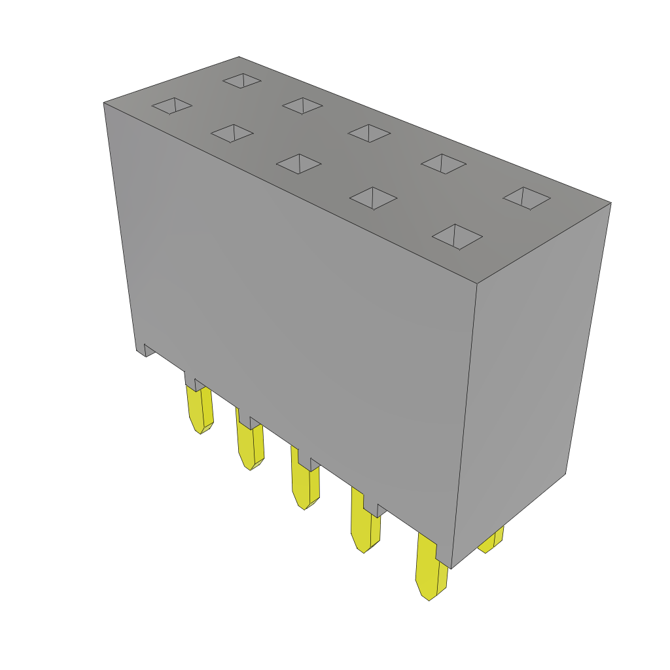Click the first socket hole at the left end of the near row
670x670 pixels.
(x=172, y=105)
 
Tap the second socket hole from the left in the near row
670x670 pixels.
(x=232, y=133)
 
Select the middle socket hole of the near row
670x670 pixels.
(x=299, y=164)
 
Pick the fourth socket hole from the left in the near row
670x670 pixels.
(x=373, y=198)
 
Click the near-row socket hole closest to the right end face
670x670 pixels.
(x=457, y=236)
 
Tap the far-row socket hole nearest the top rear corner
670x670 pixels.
(x=242, y=80)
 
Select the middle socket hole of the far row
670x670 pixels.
(x=369, y=133)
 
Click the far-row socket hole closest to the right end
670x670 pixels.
(x=527, y=198)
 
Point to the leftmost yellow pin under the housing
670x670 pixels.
(x=199, y=409)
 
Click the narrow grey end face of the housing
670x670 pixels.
(x=530, y=379)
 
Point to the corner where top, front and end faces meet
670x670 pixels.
(x=477, y=283)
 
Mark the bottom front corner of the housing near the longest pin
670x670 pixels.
(x=451, y=567)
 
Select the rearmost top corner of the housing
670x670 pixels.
(x=239, y=58)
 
